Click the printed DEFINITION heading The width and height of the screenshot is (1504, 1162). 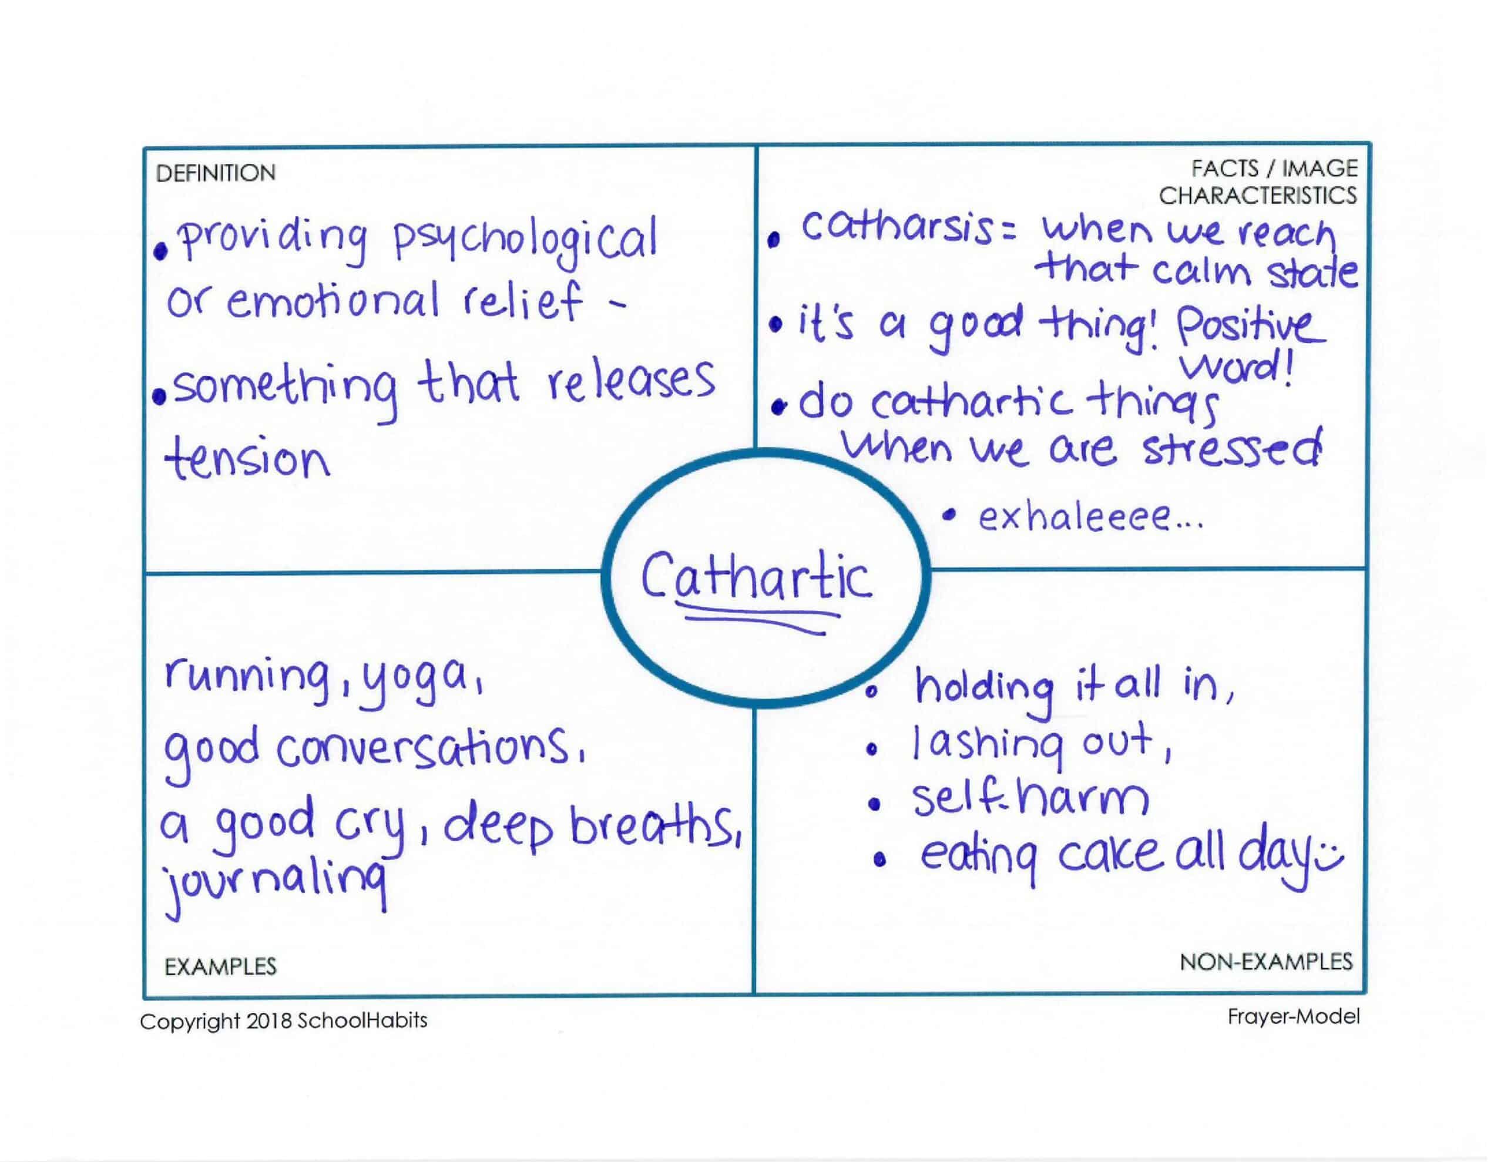216,173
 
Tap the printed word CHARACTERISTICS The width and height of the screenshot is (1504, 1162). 1257,196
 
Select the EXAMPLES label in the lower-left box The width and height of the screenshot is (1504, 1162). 220,966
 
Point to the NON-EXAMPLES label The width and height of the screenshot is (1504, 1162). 1265,962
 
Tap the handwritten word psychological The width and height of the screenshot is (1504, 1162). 525,243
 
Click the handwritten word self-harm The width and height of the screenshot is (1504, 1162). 1031,800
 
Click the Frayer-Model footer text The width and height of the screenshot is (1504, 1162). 1293,1017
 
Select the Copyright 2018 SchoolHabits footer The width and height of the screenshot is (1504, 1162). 284,1020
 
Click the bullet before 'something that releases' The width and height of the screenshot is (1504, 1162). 160,398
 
